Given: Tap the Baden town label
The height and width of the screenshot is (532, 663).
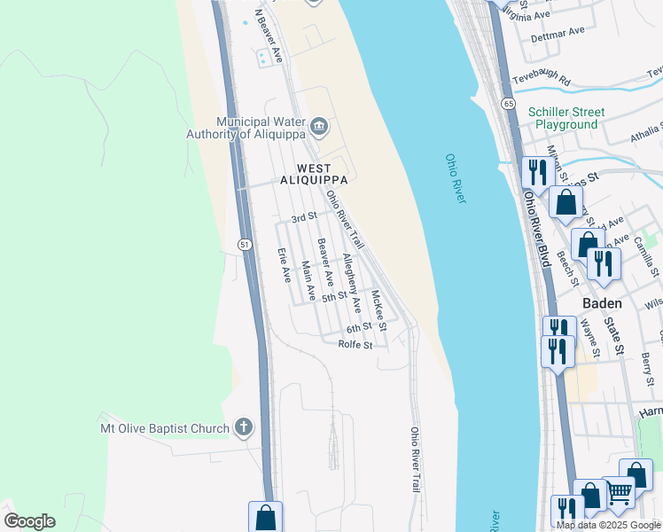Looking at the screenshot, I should (x=601, y=302).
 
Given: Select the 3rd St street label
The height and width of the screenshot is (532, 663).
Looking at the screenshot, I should (x=304, y=218).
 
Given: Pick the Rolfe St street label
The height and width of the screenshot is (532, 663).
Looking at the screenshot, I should (x=355, y=345).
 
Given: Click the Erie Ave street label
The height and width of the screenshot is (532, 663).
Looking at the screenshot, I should (x=284, y=264).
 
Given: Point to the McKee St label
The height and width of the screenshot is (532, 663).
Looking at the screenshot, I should (x=378, y=310).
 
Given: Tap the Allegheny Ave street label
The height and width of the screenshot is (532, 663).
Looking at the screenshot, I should (x=352, y=283).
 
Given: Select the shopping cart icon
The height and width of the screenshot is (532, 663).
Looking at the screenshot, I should (x=619, y=492).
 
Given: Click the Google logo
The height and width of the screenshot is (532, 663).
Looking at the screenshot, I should (x=29, y=521).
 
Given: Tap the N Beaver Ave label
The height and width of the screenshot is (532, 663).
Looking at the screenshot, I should (x=269, y=36).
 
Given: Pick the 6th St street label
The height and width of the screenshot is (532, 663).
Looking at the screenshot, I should (x=358, y=327).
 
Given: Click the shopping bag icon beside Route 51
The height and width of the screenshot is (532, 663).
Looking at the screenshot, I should (x=265, y=516).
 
